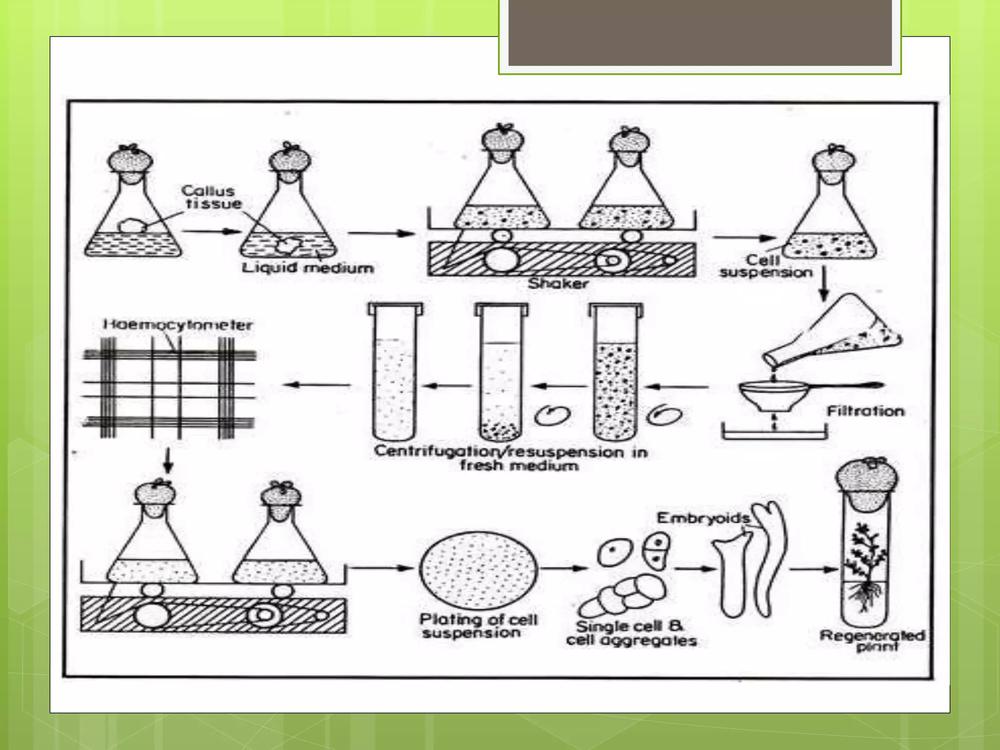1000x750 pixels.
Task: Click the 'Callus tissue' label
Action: pos(210,197)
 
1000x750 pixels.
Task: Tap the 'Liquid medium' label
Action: pos(308,268)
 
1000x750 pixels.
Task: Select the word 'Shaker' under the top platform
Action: pos(558,283)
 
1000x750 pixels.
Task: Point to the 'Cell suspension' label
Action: pos(765,267)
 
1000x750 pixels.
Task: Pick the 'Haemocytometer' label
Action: pos(178,325)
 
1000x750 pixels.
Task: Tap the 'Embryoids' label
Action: pos(703,518)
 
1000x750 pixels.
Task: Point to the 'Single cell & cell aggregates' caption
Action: pos(631,633)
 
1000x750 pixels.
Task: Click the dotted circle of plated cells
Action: pos(479,570)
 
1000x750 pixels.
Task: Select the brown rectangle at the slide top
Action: pos(700,32)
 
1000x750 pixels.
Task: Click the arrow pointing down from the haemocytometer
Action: pos(167,460)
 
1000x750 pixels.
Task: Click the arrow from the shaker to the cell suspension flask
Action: pos(744,238)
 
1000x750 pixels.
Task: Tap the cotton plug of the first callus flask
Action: pos(130,161)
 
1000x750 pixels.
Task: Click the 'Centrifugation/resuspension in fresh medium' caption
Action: pos(511,458)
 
